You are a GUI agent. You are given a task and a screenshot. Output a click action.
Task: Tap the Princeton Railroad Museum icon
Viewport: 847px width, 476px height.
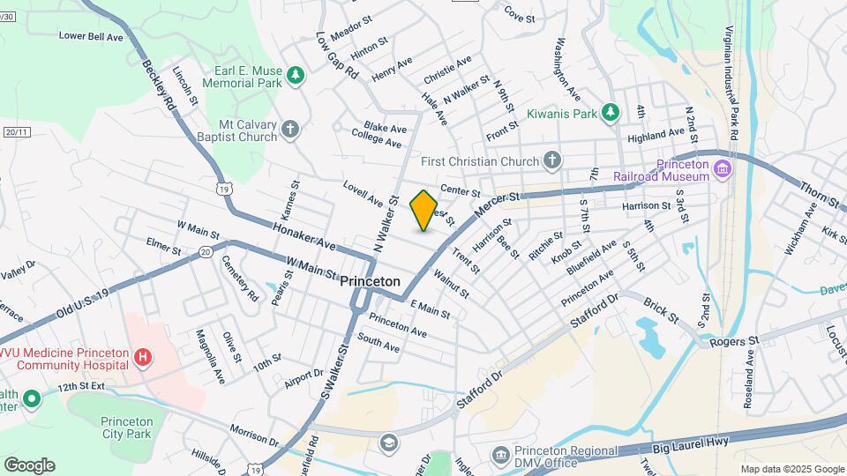723,168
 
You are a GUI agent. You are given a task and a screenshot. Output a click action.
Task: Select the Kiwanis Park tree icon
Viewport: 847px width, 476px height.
609,112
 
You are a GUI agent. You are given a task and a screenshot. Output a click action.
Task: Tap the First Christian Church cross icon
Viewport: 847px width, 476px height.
552,160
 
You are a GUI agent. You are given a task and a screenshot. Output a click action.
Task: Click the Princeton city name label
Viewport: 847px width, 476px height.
370,280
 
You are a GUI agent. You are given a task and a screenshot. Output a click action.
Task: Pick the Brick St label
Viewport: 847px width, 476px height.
660,309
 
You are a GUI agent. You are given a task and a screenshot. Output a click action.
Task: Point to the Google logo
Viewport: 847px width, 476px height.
29,465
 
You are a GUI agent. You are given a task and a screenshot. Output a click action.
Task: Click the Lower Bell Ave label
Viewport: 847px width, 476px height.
91,36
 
